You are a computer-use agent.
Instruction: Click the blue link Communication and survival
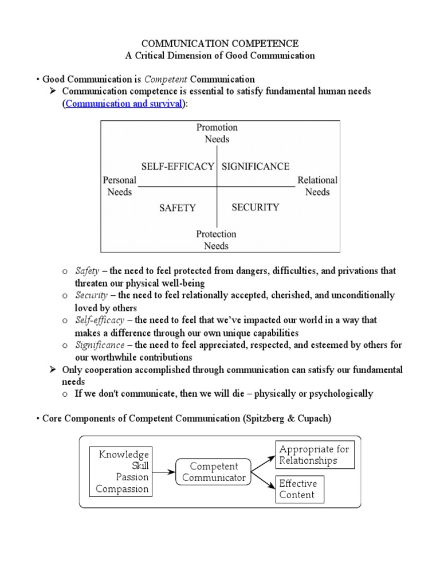(124, 104)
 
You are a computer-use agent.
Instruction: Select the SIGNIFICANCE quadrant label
(256, 166)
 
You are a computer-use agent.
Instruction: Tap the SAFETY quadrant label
(178, 208)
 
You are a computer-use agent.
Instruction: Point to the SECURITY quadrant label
(256, 208)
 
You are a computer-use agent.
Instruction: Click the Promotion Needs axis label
(217, 133)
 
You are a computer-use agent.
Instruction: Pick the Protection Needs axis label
(216, 240)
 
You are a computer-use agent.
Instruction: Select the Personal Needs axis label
(119, 186)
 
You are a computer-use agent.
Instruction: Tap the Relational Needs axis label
(317, 186)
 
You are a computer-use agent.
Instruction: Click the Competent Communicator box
(214, 472)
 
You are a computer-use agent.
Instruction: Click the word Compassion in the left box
(122, 489)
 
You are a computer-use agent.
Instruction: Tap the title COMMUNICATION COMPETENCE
(220, 44)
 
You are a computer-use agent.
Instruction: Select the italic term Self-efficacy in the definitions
(99, 320)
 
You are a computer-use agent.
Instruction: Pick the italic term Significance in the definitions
(100, 345)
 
